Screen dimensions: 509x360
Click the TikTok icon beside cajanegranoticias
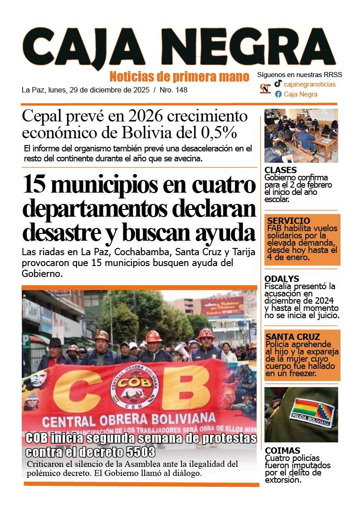pos(278,84)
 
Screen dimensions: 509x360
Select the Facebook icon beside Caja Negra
pos(278,94)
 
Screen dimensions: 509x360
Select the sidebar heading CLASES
pos(281,170)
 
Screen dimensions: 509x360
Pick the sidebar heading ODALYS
pos(282,279)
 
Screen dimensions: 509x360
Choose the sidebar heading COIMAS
pos(282,451)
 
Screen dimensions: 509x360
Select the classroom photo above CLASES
pos(301,136)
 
